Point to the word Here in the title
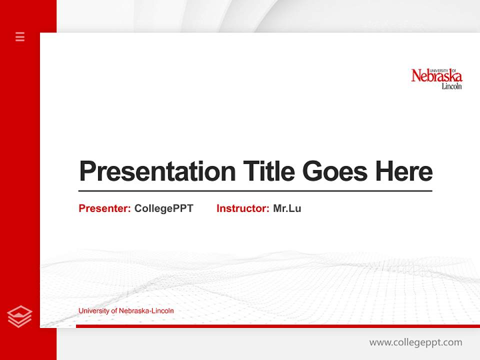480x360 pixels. [404, 171]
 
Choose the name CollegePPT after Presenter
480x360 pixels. [163, 208]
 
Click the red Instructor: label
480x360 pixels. [243, 208]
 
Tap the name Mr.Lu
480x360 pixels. [287, 208]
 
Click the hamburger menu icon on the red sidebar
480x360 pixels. [20, 36]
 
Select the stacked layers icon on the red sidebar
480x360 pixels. [20, 316]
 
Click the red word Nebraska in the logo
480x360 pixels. [436, 76]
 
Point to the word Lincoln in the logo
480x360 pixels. [451, 86]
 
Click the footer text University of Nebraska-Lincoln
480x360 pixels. [126, 311]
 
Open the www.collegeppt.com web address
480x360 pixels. [415, 342]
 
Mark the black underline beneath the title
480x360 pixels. [255, 190]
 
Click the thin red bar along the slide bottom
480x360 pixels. [277, 326]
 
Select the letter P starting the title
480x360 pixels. [87, 171]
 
